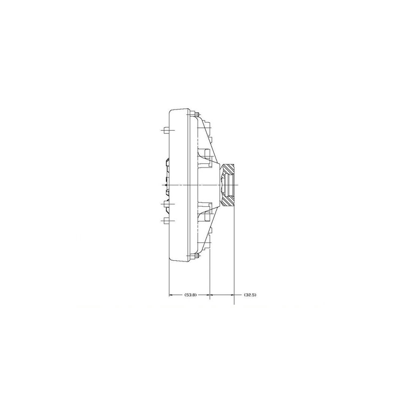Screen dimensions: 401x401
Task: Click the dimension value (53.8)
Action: click(190, 295)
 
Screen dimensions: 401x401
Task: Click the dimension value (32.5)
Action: click(250, 295)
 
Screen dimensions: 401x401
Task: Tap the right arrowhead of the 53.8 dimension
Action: click(208, 295)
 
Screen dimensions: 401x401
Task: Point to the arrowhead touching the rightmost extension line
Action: click(232, 295)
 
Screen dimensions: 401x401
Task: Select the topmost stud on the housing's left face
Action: click(166, 130)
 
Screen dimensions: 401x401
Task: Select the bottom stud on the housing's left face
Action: click(166, 220)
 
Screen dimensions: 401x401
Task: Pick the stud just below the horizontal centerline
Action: click(166, 205)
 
